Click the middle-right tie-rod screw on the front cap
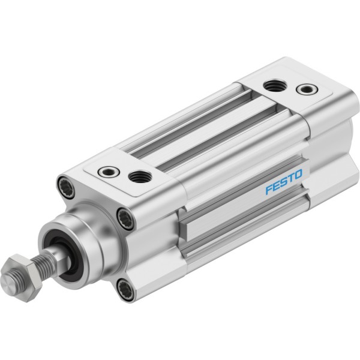[126, 218]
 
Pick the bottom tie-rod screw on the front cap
[126, 289]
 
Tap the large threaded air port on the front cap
[140, 176]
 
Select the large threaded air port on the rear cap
[274, 86]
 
